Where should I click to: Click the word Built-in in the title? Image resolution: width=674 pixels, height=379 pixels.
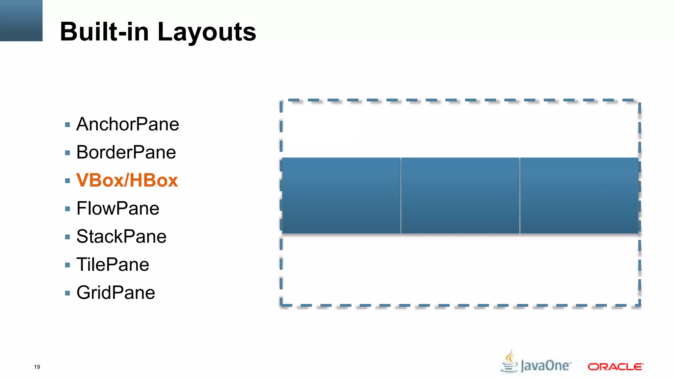104,32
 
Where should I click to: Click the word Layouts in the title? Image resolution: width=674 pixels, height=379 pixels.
207,32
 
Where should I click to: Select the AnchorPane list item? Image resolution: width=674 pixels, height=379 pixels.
128,124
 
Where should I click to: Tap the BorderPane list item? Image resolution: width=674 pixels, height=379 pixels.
126,152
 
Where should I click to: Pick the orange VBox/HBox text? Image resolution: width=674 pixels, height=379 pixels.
127,180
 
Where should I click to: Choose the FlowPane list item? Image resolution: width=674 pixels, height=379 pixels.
118,209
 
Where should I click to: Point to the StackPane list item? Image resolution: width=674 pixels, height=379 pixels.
121,237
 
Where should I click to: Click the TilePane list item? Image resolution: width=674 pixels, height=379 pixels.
113,265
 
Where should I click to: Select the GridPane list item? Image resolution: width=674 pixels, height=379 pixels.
116,293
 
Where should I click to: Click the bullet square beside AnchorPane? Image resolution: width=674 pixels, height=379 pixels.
67,125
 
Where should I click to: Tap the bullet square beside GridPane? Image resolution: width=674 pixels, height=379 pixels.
67,293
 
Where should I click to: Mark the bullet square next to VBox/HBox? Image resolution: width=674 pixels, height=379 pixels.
67,181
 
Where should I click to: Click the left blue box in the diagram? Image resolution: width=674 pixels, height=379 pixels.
341,196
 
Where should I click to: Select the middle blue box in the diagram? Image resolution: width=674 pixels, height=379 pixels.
460,196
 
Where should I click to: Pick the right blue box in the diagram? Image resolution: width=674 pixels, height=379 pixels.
579,196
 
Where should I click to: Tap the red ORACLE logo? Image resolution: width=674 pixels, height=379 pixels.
615,366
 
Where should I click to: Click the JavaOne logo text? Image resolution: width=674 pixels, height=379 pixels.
545,366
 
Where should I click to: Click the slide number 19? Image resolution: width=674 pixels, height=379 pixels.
37,367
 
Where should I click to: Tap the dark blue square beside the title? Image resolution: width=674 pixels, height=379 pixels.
21,20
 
